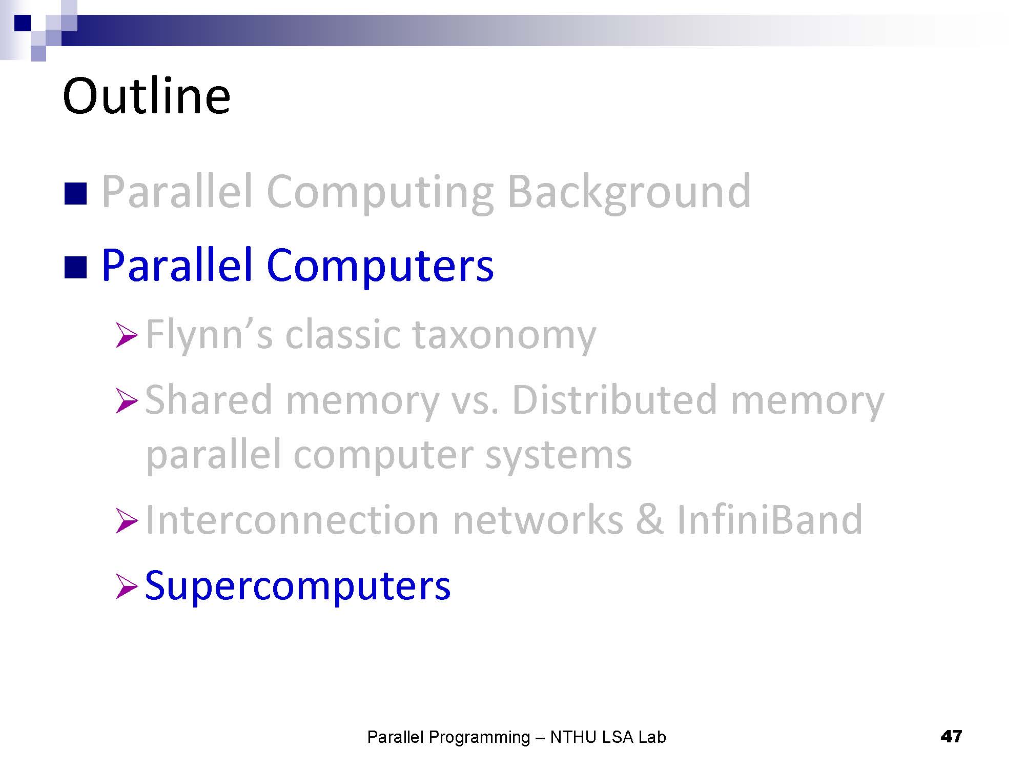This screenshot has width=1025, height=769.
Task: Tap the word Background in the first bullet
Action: [629, 193]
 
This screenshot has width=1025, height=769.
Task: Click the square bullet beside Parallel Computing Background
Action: [75, 194]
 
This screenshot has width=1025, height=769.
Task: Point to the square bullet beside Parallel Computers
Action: [75, 267]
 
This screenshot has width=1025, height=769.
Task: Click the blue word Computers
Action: [380, 266]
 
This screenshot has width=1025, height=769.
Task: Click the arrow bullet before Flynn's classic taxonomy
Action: [127, 335]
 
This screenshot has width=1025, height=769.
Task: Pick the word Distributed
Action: [614, 400]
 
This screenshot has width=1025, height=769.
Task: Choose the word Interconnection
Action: [293, 520]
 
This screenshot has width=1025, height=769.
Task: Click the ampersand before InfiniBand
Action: [650, 520]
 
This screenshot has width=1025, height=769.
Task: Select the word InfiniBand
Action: [770, 520]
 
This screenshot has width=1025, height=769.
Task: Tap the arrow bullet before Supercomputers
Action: [127, 586]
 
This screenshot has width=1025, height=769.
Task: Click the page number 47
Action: [951, 737]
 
